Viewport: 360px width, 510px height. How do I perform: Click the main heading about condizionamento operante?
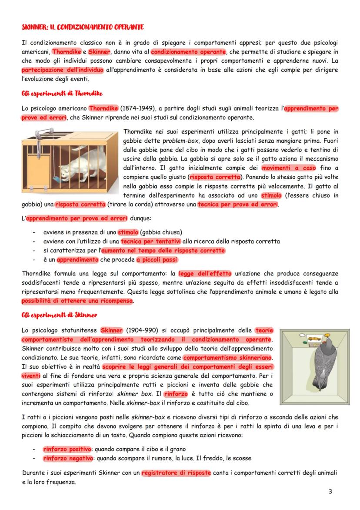(83, 27)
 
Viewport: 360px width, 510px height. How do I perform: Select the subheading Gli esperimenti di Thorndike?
(61, 93)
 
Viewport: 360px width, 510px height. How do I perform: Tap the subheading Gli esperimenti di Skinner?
(59, 315)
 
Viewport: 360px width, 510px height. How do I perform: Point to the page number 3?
(330, 492)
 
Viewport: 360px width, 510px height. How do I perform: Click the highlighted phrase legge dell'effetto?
(205, 273)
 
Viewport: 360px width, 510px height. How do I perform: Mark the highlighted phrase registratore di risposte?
(176, 473)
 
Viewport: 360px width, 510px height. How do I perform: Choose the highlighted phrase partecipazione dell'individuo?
(62, 70)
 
